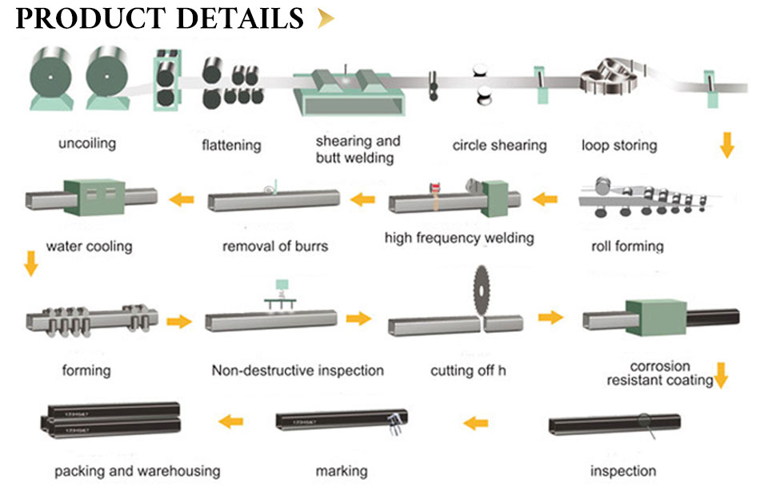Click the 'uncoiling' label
(x=86, y=144)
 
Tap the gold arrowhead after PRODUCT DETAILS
(x=325, y=18)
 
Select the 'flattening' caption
(x=231, y=145)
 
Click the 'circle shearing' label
(x=499, y=145)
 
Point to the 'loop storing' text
(x=619, y=145)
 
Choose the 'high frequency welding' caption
(x=459, y=238)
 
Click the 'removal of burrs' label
(x=275, y=246)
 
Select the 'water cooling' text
(x=89, y=246)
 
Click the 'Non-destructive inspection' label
(x=298, y=370)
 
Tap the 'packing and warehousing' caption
(x=137, y=470)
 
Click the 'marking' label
(x=342, y=470)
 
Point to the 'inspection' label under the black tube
(x=623, y=470)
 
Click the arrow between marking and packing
(x=231, y=421)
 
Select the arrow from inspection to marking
(x=476, y=422)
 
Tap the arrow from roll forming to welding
(x=546, y=198)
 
